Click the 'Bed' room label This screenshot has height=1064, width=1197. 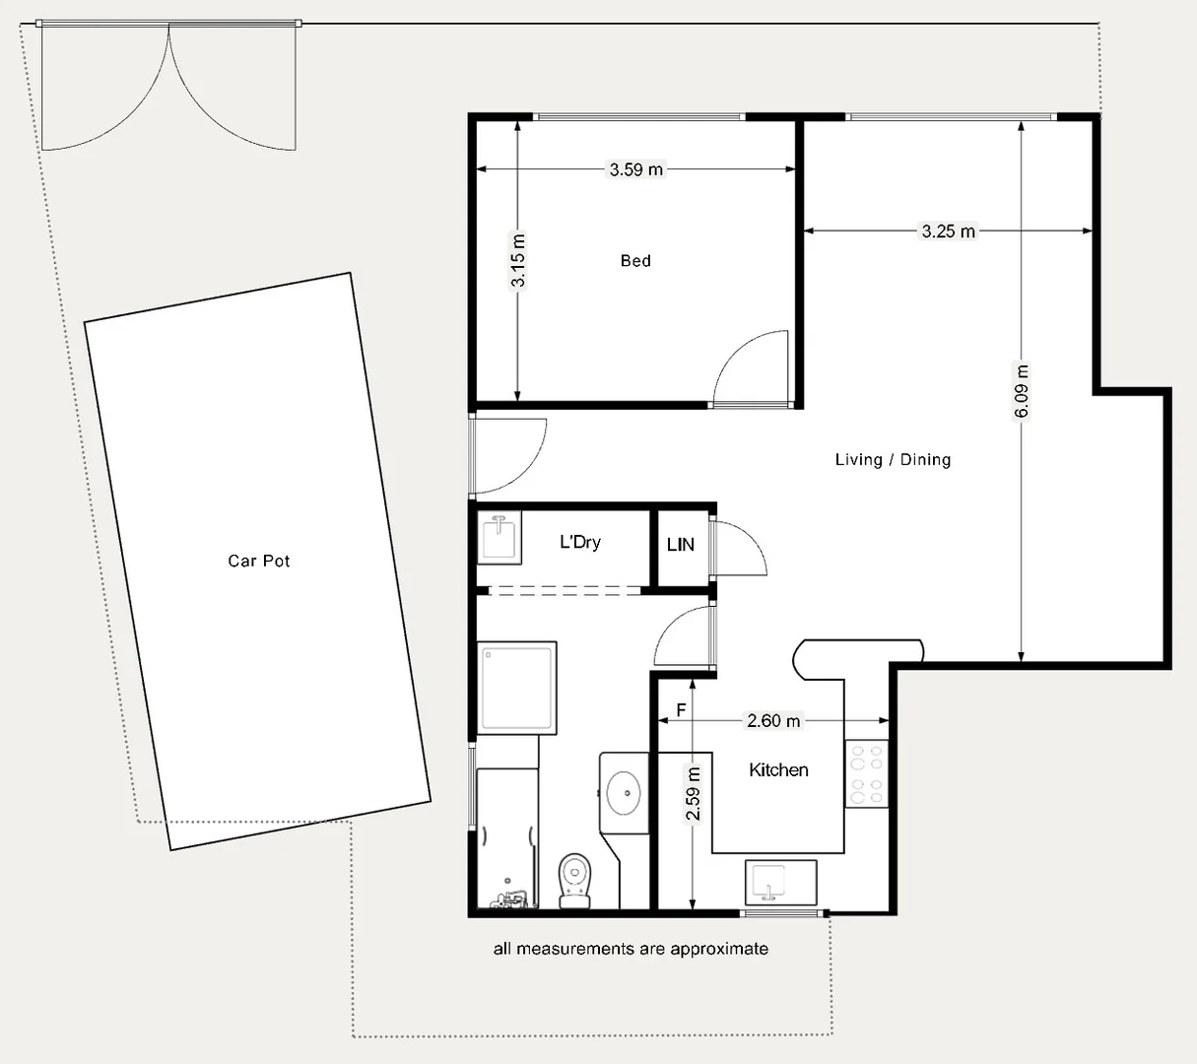click(x=635, y=261)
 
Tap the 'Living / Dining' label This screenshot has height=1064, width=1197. click(x=893, y=460)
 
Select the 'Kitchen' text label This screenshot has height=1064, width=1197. click(x=778, y=770)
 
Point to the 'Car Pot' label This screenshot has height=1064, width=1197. click(x=259, y=562)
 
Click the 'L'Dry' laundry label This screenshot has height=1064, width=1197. click(x=579, y=542)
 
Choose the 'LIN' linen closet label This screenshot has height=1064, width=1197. click(x=681, y=545)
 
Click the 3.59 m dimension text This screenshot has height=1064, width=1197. click(x=636, y=169)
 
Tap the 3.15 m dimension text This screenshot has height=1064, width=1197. click(x=518, y=260)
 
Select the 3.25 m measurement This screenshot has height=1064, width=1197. click(x=948, y=232)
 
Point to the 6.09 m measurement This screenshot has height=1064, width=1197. click(x=1022, y=391)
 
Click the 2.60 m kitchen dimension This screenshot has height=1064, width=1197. click(x=773, y=721)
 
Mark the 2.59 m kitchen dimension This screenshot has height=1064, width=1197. click(x=694, y=794)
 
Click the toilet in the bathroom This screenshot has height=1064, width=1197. click(x=574, y=879)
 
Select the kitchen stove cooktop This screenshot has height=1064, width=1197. click(x=866, y=773)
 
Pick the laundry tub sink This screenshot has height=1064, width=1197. click(x=499, y=538)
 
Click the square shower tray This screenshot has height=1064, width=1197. click(x=517, y=688)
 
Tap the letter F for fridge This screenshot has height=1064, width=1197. click(x=681, y=710)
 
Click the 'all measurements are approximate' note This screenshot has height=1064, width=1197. click(x=631, y=949)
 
